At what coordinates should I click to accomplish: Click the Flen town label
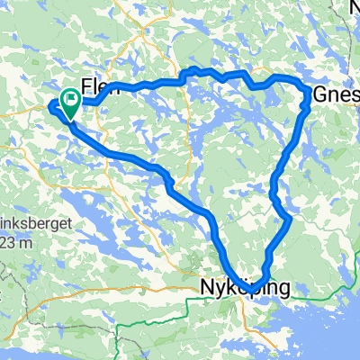(99, 87)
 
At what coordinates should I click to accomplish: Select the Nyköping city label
(244, 288)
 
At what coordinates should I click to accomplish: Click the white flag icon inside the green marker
(69, 96)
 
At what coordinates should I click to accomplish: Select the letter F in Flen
(87, 87)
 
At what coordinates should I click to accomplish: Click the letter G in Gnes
(320, 94)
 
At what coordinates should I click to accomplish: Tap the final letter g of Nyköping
(284, 290)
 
